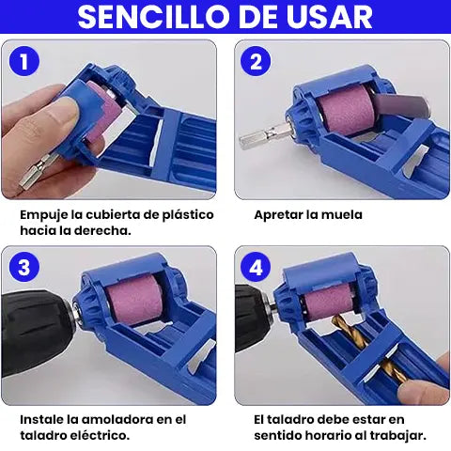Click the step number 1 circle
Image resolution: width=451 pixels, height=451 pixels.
pyautogui.click(x=24, y=61)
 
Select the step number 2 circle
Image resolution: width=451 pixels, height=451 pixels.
pyautogui.click(x=256, y=61)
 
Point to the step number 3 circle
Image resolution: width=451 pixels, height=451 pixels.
pyautogui.click(x=24, y=268)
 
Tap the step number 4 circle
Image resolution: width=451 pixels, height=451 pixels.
pyautogui.click(x=256, y=268)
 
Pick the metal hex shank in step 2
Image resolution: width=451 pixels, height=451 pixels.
pyautogui.click(x=265, y=136)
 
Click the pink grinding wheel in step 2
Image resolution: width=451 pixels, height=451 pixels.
pyautogui.click(x=340, y=109)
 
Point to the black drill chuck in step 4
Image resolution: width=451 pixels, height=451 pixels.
pyautogui.click(x=251, y=317)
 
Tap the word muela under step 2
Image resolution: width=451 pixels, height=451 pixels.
pyautogui.click(x=342, y=215)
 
